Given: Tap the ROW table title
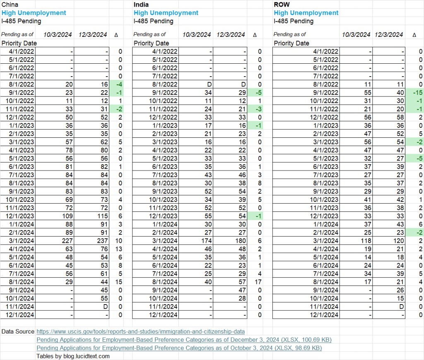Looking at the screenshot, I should [x=282, y=5].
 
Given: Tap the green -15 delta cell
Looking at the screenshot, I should [x=417, y=92].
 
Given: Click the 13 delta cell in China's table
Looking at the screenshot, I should [x=118, y=249].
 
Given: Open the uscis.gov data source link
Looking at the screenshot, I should [x=140, y=331].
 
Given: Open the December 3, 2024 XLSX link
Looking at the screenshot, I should [x=184, y=340].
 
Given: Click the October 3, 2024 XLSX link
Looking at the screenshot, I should [x=179, y=348].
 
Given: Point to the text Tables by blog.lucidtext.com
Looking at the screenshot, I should [x=73, y=356].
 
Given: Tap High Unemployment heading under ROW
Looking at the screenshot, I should [x=306, y=13].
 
